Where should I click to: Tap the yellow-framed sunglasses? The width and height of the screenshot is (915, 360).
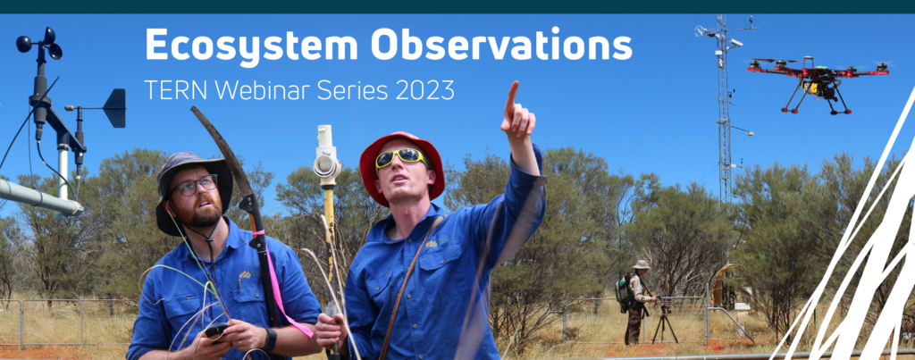pyautogui.click(x=400, y=158)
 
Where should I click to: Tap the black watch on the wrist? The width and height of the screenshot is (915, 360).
pyautogui.click(x=271, y=339)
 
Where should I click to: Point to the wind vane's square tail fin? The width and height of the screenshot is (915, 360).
pyautogui.click(x=114, y=108)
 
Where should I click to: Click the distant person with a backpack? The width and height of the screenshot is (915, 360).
pyautogui.click(x=636, y=294)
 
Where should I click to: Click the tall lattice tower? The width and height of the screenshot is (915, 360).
pyautogui.click(x=723, y=107)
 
